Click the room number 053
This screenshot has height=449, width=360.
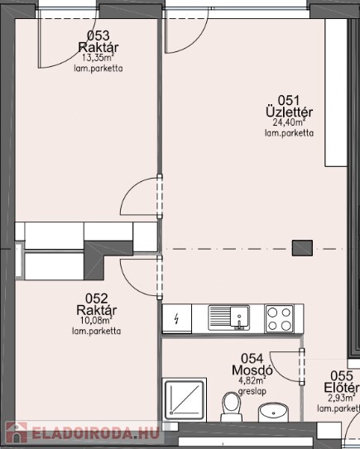(x=98, y=36)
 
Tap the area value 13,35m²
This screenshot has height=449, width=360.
(x=98, y=58)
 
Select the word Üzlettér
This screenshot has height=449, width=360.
(x=289, y=112)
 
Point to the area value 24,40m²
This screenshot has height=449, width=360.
(x=289, y=122)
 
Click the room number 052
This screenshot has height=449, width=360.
(x=97, y=299)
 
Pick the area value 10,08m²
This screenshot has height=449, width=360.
(x=96, y=320)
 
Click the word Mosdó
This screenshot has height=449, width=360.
(x=252, y=370)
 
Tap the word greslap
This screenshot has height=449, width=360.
(x=252, y=391)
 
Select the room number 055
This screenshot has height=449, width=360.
(x=342, y=376)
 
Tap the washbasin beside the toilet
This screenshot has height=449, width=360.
(x=274, y=412)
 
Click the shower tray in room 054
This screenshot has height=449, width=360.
(x=185, y=399)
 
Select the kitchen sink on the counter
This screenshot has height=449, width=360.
(x=229, y=318)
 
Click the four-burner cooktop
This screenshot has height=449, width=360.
(x=280, y=318)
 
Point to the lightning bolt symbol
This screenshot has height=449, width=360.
(x=177, y=318)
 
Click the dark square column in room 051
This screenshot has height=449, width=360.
(x=302, y=248)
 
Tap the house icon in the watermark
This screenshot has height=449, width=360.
(x=17, y=432)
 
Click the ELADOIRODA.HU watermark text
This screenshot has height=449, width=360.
(x=95, y=433)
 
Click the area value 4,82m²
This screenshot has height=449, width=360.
(x=252, y=381)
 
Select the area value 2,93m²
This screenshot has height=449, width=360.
(x=341, y=398)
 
